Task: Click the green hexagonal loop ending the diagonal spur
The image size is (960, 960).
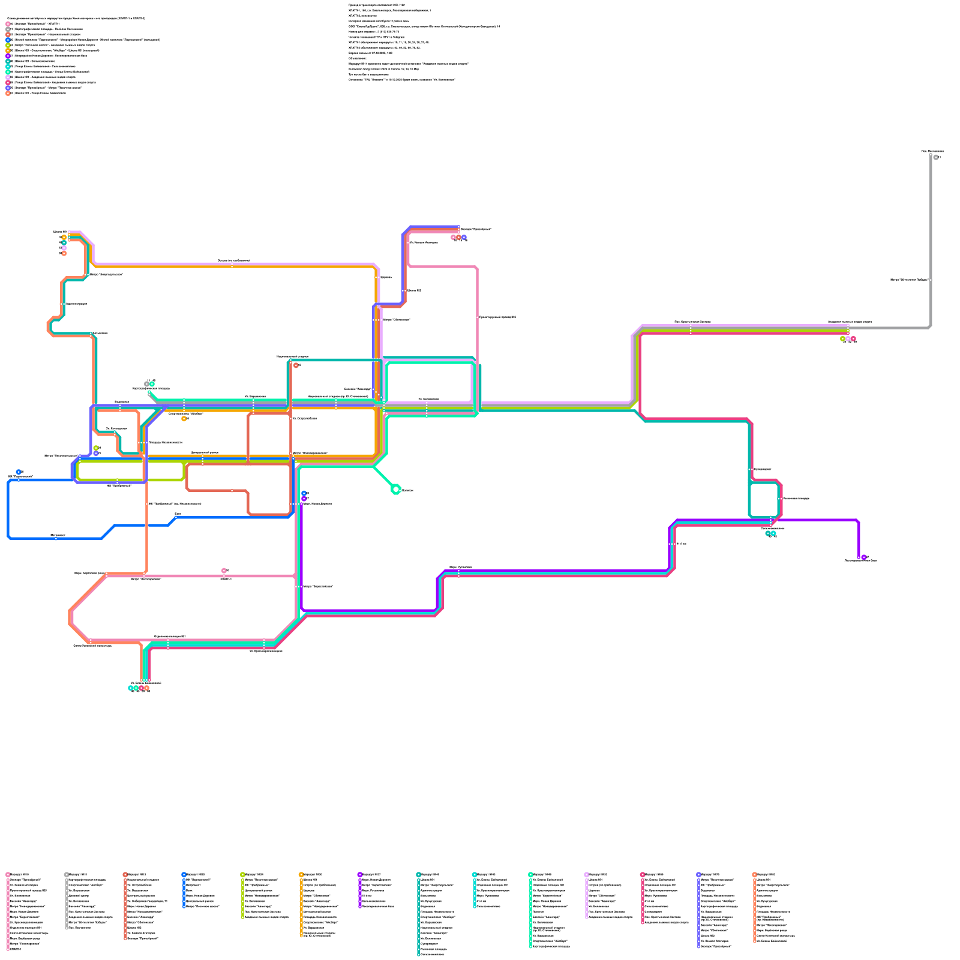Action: click(395, 490)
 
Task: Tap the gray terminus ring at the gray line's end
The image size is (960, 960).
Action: click(935, 157)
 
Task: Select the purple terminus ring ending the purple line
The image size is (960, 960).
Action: click(864, 557)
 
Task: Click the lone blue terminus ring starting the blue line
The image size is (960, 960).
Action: click(19, 472)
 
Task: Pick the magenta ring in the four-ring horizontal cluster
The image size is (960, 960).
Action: click(142, 688)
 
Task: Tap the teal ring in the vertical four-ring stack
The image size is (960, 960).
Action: click(64, 243)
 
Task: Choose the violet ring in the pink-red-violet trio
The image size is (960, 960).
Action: click(464, 238)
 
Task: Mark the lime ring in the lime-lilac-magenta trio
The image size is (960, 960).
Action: click(842, 339)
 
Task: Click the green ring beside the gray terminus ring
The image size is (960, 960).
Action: click(152, 384)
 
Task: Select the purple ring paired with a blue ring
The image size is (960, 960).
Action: click(304, 499)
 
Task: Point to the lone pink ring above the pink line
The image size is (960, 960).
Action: click(224, 571)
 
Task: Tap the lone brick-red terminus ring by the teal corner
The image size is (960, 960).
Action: click(296, 365)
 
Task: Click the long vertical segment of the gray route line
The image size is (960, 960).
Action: click(931, 240)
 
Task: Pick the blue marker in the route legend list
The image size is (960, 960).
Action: click(8, 40)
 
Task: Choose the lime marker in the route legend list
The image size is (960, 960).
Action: click(8, 46)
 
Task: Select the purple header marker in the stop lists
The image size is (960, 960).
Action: click(359, 875)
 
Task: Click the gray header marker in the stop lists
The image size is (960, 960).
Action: click(66, 875)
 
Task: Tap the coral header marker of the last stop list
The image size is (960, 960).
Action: click(754, 875)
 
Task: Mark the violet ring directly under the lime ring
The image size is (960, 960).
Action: click(96, 454)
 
